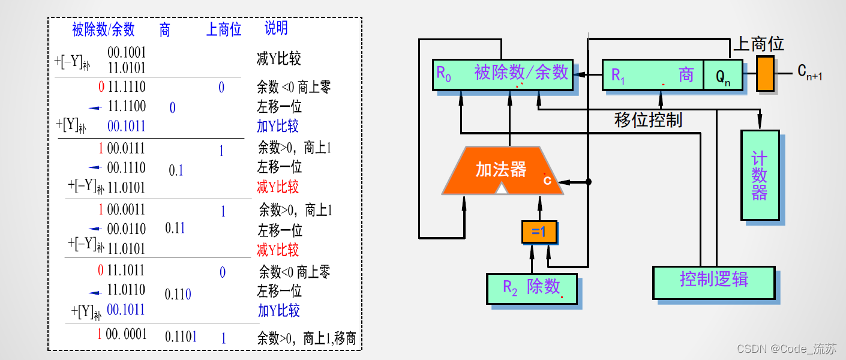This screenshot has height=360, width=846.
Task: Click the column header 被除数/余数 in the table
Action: pos(103,29)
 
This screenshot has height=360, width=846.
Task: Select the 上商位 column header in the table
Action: pos(224,29)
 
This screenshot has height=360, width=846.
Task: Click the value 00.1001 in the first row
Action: pos(127,52)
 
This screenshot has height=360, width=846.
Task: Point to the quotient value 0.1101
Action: pos(181,337)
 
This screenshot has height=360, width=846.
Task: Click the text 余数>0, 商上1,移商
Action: pos(307,338)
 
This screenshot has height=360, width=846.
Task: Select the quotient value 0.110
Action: pos(178,295)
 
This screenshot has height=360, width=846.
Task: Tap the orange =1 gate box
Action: pos(539,232)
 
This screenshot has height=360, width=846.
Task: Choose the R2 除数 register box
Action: pos(532,287)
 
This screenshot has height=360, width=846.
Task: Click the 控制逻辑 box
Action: pos(713,280)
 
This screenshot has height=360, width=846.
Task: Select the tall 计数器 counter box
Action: pos(760,175)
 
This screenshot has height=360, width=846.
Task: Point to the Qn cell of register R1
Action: pos(723,75)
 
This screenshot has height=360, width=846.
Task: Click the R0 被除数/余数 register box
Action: pos(502,74)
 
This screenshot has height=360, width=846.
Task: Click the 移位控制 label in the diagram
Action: pos(649,119)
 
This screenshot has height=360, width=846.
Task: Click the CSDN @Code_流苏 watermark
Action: pos(786,348)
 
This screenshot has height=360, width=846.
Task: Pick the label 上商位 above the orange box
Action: pos(759,44)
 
